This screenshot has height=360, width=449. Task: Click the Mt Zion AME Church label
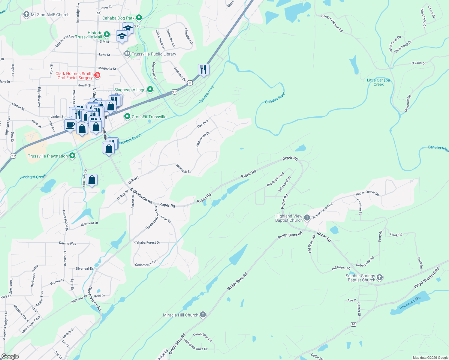[x=50, y=15]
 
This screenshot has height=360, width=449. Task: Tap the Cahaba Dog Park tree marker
[x=139, y=18]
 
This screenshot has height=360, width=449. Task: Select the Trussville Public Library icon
[x=127, y=54]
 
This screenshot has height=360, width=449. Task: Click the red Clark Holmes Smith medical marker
[x=97, y=75]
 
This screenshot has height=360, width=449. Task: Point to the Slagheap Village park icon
[x=150, y=89]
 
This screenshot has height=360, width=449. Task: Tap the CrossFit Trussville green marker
[x=127, y=116]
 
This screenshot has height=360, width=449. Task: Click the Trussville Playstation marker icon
[x=72, y=156]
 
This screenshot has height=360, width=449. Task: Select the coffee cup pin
[x=70, y=125]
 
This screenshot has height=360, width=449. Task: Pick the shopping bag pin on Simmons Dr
[x=92, y=180]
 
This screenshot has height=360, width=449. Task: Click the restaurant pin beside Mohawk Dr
[x=203, y=70]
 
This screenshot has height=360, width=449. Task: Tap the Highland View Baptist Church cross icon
[x=307, y=217]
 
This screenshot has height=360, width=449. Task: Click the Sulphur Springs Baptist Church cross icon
[x=380, y=277]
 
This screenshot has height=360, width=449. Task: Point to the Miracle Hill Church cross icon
[x=203, y=314]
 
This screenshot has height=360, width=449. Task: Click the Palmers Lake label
[x=410, y=303]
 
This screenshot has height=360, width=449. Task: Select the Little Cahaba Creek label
[x=378, y=82]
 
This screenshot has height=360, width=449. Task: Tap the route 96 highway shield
[x=353, y=324]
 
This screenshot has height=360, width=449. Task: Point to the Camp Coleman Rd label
[x=332, y=23]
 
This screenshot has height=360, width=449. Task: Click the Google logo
[x=10, y=356]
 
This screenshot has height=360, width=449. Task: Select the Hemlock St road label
[x=183, y=169]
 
